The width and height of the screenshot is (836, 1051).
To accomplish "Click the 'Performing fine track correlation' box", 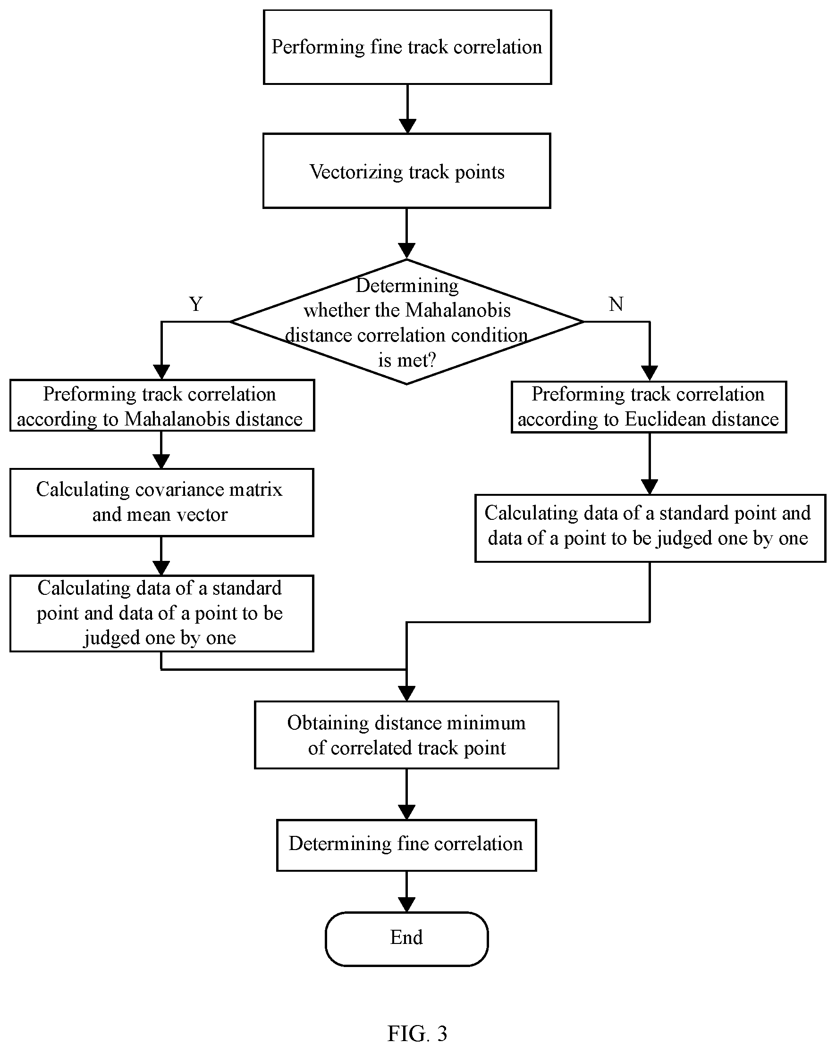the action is coord(407,47).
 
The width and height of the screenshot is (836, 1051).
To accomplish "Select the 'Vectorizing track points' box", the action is coord(407,171).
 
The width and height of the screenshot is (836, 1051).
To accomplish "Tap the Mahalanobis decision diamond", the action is coord(407,322).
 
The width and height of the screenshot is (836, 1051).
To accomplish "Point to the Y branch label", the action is coord(196,304).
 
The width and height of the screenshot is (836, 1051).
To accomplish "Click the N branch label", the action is coord(616,304).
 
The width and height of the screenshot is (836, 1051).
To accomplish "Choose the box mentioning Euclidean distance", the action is coord(649,407).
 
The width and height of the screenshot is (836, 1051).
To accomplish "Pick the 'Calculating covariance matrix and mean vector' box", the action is coord(161,502).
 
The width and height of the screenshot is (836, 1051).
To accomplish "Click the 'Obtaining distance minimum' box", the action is coord(406,735).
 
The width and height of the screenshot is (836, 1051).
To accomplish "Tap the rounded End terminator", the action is coord(406,939).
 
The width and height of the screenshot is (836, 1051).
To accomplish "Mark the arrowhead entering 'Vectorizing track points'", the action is coord(407,126).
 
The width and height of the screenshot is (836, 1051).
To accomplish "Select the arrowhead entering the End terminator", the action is coord(406,905).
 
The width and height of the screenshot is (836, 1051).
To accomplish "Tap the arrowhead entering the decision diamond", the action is coord(406,251).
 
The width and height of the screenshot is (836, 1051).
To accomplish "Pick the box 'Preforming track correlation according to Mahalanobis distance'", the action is coord(162,406).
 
